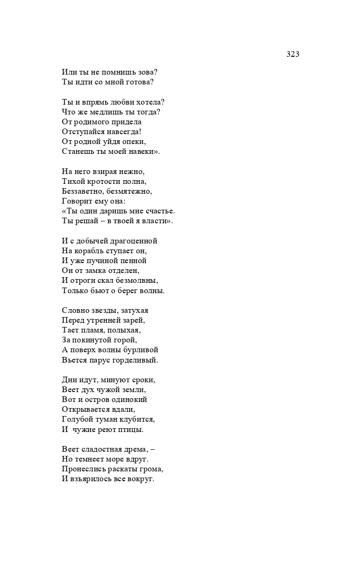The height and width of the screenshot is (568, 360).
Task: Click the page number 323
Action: point(292,54)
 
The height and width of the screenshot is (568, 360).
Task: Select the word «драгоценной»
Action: point(135,241)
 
